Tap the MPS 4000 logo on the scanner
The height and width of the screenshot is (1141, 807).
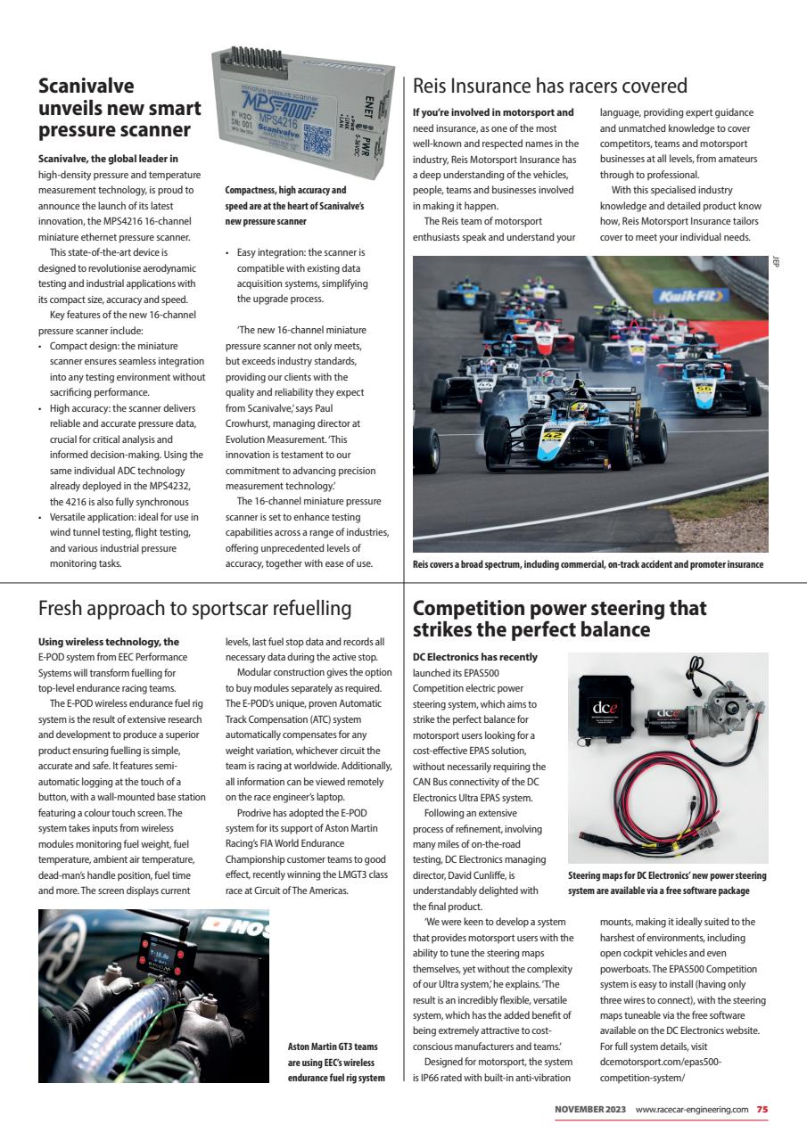pyautogui.click(x=268, y=93)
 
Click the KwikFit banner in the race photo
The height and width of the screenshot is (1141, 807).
pyautogui.click(x=690, y=296)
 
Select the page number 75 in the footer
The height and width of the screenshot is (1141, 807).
pyautogui.click(x=762, y=1109)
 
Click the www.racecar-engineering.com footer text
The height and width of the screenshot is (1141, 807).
pyautogui.click(x=691, y=1109)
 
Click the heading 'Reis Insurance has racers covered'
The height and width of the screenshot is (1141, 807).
pyautogui.click(x=550, y=86)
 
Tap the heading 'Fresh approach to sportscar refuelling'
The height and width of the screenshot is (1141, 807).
pyautogui.click(x=194, y=608)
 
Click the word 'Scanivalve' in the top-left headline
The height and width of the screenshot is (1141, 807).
pyautogui.click(x=86, y=86)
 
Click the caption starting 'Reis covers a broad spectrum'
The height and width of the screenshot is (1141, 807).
pyautogui.click(x=589, y=564)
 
